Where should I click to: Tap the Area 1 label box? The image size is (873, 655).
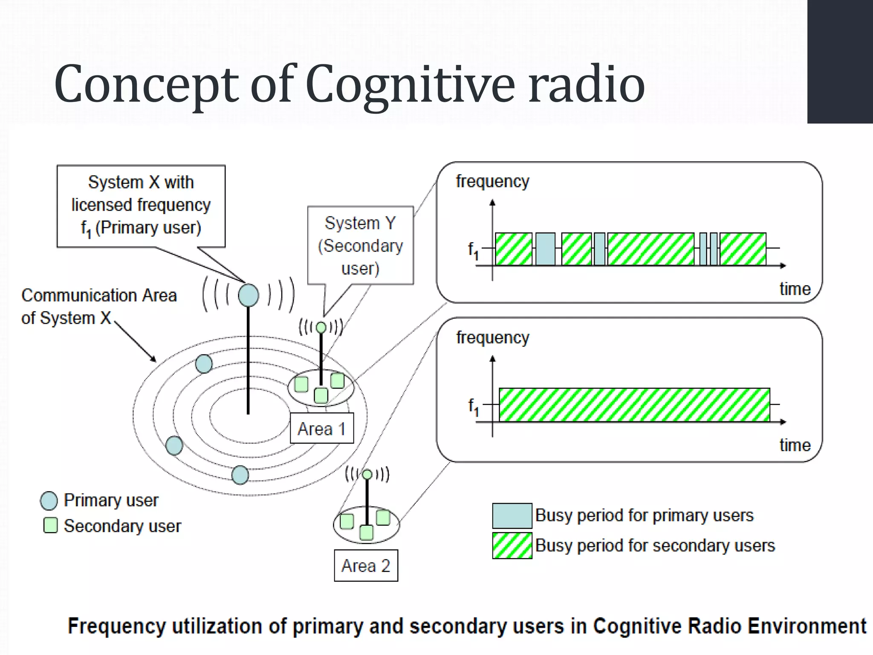click(322, 428)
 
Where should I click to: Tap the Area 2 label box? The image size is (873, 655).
click(366, 566)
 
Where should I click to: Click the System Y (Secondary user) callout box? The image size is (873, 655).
click(361, 246)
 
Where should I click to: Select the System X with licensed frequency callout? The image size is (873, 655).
click(141, 206)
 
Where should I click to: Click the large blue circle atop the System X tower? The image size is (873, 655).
click(249, 295)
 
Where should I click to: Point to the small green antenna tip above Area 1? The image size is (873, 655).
click(321, 327)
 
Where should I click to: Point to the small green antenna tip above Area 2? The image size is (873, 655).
click(367, 474)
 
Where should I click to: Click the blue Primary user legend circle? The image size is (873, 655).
click(49, 501)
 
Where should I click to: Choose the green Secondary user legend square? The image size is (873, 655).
click(50, 525)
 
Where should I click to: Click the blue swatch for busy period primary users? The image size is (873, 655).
click(512, 516)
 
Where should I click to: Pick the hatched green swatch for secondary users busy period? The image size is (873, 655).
click(512, 545)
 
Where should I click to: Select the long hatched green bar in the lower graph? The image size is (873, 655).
click(634, 405)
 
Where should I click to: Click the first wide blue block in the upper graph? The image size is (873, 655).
click(545, 249)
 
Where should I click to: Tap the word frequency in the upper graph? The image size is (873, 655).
click(492, 181)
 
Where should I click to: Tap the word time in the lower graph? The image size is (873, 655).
click(795, 445)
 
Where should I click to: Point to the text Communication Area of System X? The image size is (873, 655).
click(99, 306)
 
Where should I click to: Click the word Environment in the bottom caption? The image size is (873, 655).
click(807, 626)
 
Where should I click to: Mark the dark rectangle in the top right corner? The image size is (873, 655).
click(840, 61)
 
